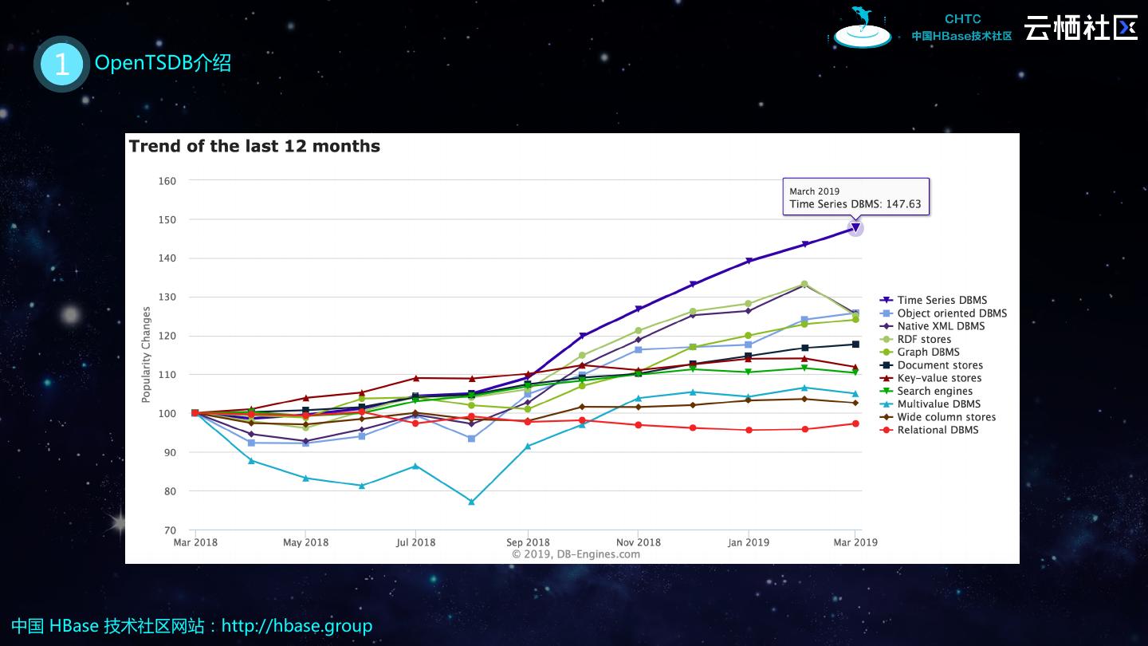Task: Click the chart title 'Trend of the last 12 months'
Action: pos(254,147)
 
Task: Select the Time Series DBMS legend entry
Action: pos(942,301)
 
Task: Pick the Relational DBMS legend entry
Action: pos(938,430)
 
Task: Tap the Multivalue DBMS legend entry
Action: pos(938,404)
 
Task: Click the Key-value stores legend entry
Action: pos(938,378)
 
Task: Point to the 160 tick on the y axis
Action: pos(167,181)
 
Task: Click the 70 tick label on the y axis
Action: pos(169,530)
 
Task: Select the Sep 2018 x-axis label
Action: pos(528,542)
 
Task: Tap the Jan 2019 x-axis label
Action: pos(748,542)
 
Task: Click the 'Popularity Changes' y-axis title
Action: pos(146,355)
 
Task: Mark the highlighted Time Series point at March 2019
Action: pos(855,228)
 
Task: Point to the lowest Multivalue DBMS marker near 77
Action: pos(471,502)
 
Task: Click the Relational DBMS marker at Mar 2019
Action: pos(855,423)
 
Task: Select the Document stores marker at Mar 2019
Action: pos(855,345)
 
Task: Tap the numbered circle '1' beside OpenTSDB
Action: pos(61,64)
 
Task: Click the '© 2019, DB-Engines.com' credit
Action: pos(576,554)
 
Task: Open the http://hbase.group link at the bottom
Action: pos(297,626)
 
